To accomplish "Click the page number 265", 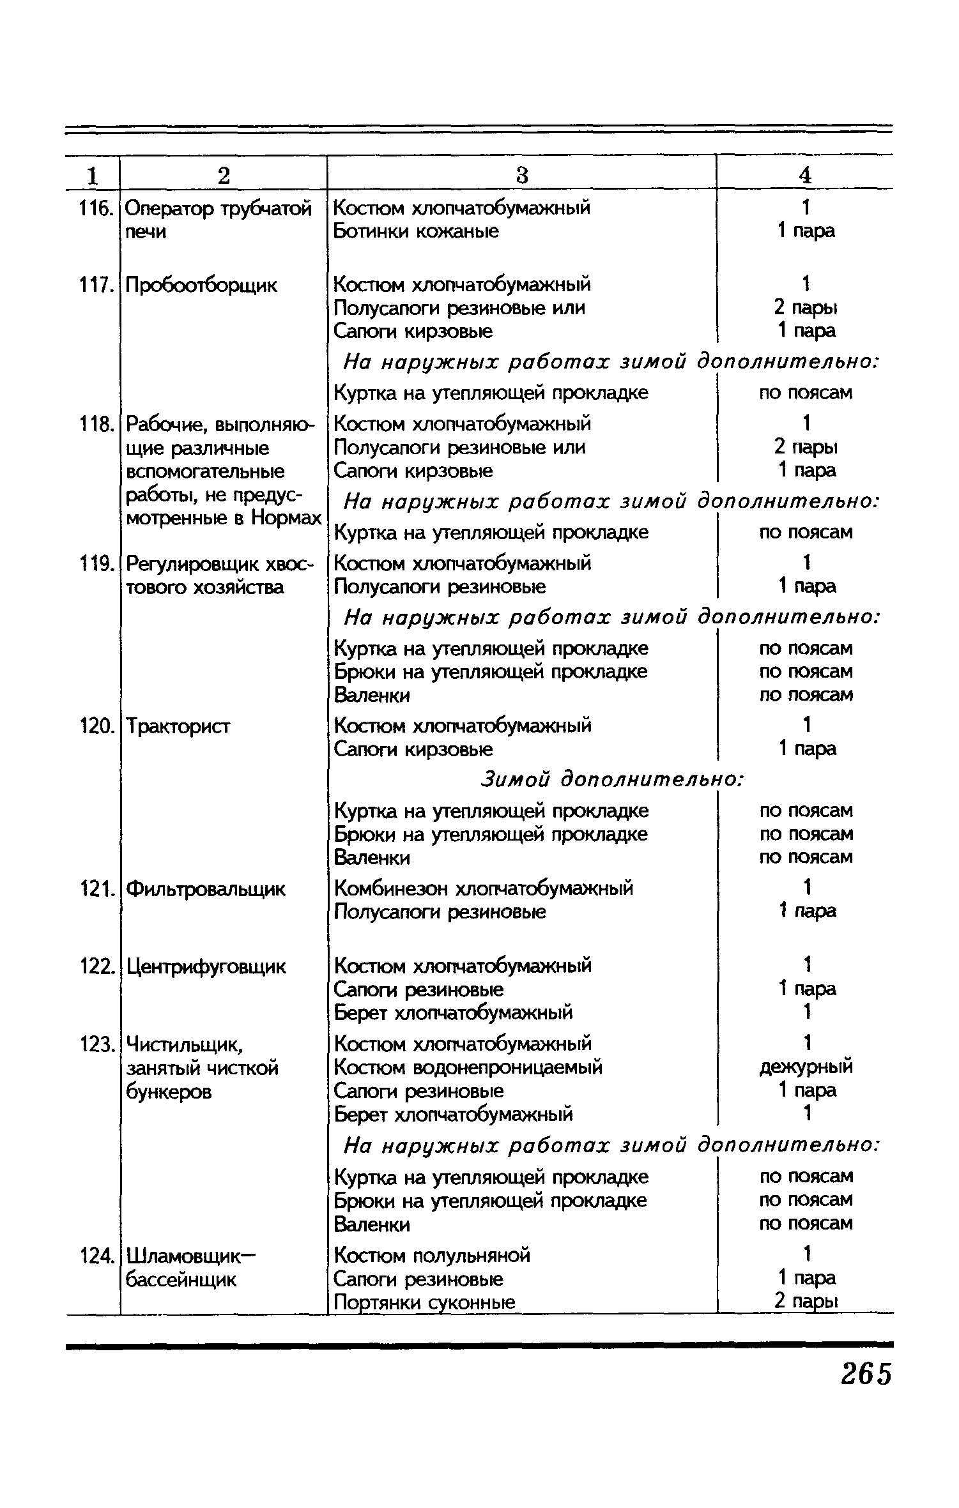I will pos(865,1373).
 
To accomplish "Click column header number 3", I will pos(522,175).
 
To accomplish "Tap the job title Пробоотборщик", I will pos(202,285).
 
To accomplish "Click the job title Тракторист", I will pos(179,726).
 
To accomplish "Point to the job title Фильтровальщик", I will pos(206,889).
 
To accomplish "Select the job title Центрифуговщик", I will pos(206,967).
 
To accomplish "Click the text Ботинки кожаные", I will pos(416,231).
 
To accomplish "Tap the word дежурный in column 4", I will pos(806,1067).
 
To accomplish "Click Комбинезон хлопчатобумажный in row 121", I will pos(484,888).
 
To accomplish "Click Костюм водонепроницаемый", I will pos(468,1067).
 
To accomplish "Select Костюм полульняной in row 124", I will pos(433,1256).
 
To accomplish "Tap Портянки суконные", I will pos(425,1302).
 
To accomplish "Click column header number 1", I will pos(93,175).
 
